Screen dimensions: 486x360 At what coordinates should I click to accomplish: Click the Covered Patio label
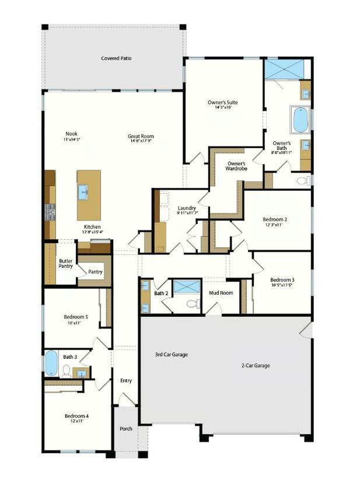coord(116,58)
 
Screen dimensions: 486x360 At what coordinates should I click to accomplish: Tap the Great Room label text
coord(141,137)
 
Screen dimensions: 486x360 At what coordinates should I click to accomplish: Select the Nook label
coord(71,134)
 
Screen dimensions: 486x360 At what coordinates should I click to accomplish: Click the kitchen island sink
coord(83,189)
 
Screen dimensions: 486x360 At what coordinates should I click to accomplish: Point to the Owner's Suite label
coord(223,103)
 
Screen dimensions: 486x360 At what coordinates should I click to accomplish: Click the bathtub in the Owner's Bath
coord(300,120)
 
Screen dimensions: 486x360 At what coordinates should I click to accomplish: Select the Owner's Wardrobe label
coord(237,166)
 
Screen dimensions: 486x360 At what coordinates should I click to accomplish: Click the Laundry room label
coord(187,208)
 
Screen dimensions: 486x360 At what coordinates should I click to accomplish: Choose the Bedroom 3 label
coord(282,279)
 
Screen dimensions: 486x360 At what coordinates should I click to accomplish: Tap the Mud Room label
coord(222,293)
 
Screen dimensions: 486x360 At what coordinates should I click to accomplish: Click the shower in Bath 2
coord(187,286)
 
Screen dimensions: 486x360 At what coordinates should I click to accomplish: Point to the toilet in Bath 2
coord(192,303)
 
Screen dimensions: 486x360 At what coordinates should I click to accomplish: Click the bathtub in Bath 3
coord(51,363)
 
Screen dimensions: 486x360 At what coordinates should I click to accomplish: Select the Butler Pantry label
coord(66,263)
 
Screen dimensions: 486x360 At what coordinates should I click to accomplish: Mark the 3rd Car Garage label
coord(171,354)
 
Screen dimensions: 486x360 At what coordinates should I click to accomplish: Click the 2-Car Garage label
coord(256,366)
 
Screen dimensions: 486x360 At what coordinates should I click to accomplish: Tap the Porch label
coord(125,429)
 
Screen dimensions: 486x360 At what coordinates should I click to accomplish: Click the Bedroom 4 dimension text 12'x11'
coord(76,421)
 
